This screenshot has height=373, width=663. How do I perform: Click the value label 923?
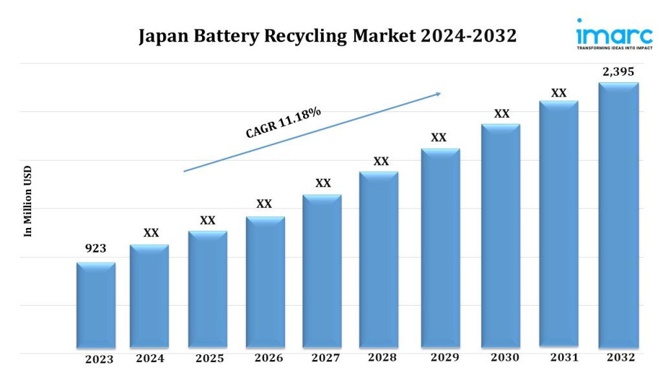coord(96,249)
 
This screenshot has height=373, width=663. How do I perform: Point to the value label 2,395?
coord(618,72)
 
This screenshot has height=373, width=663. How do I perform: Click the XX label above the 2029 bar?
coord(438,137)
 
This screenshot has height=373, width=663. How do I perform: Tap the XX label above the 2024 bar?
coord(151,233)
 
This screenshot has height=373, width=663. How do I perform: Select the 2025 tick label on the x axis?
coord(210,359)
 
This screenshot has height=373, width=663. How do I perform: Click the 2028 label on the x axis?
coord(382,357)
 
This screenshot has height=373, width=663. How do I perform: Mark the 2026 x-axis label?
coord(267,357)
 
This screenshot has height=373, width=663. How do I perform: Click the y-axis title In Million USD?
coord(28,201)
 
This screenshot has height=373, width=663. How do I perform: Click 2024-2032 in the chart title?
coord(468,36)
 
